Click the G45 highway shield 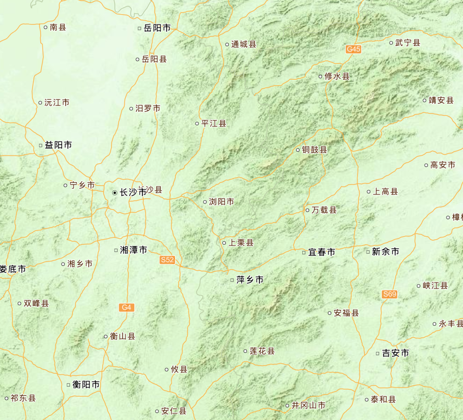[x=354, y=49]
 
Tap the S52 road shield [x=167, y=260]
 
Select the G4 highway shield [x=126, y=307]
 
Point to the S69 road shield [x=390, y=294]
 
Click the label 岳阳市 [x=157, y=28]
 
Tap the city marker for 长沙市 [x=114, y=193]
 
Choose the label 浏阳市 [x=221, y=202]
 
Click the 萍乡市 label [x=250, y=280]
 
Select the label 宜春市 [x=322, y=252]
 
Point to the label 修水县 [x=337, y=77]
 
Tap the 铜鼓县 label [x=314, y=150]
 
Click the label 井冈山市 [x=308, y=405]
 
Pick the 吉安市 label [x=395, y=353]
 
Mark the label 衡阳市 [x=86, y=385]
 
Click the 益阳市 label [x=58, y=145]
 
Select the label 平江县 [x=213, y=124]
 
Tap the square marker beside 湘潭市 [x=116, y=250]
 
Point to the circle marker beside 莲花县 [x=246, y=351]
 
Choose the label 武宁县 [x=407, y=43]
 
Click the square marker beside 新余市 [x=368, y=252]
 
